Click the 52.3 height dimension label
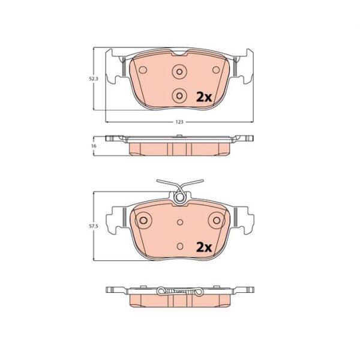tap(94, 79)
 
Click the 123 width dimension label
tap(179, 122)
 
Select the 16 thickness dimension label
tap(94, 146)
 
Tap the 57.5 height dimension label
tap(94, 226)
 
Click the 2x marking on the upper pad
tap(204, 98)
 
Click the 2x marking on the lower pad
tap(204, 247)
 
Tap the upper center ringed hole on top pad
tap(179, 71)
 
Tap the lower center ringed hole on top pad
tap(179, 95)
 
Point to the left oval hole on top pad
tap(143, 70)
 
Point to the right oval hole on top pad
tap(216, 70)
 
